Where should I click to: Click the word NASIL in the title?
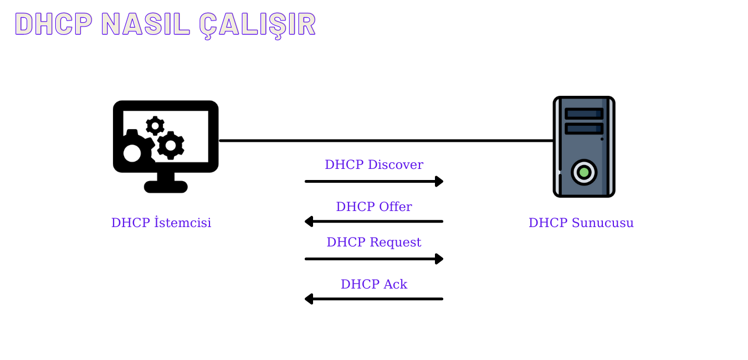[x=146, y=24]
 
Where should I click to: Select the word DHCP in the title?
[x=53, y=24]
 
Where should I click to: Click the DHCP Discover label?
[x=373, y=165]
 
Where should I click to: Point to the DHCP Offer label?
[x=373, y=207]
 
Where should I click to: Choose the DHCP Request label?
[x=373, y=243]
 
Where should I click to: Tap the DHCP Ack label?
[x=373, y=285]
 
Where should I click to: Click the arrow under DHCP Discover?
[x=373, y=181]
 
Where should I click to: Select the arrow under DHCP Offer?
[x=373, y=222]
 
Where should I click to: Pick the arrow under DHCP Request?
[x=373, y=259]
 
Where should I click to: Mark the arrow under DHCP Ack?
[x=373, y=299]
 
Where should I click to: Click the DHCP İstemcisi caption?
[x=161, y=223]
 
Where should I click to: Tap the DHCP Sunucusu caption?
[x=581, y=223]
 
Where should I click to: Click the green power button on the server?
[x=583, y=172]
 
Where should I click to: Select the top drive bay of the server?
[x=583, y=114]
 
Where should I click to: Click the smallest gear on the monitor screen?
[x=155, y=126]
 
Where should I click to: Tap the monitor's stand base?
[x=166, y=187]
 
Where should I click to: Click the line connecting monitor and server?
[x=386, y=141]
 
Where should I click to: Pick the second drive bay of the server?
[x=583, y=128]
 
